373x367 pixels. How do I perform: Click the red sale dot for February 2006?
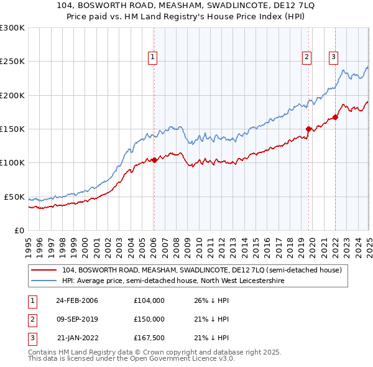155,160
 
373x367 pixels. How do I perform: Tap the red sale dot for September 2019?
308,129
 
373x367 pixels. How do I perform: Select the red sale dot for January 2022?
335,117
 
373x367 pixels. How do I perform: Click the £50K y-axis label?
14,197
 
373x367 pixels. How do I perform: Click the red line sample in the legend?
44,271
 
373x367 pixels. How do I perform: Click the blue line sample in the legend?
44,281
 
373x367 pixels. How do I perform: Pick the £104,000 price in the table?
149,300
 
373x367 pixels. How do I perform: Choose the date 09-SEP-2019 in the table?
77,319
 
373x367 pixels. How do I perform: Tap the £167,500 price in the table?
149,338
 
